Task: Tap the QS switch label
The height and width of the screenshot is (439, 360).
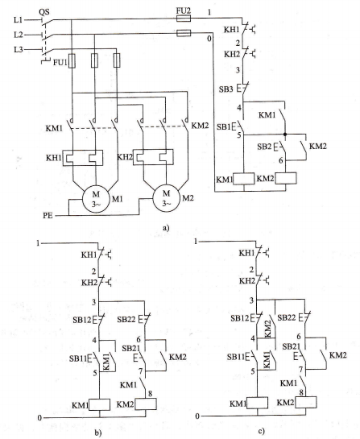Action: coord(44,12)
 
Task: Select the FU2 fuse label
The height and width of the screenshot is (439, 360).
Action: coord(184,11)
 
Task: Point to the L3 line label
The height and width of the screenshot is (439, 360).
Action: coord(19,50)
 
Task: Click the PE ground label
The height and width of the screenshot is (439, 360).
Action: coord(48,216)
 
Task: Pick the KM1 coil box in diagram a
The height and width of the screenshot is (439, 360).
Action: coord(244,179)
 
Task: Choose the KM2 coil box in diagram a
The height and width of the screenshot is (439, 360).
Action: coord(286,178)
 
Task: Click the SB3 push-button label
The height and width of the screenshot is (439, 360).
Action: coord(226,89)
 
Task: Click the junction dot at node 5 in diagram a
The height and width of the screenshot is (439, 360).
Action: coord(285,135)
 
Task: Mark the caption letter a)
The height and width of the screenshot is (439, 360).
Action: coord(166,228)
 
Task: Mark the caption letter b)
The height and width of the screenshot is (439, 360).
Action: coord(98,433)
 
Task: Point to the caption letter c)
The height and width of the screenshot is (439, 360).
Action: coord(261,431)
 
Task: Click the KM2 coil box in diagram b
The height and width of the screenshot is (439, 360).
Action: coord(146,404)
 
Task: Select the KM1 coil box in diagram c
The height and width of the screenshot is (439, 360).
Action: coord(257,403)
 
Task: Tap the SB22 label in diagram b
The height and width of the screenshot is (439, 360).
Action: coord(126,319)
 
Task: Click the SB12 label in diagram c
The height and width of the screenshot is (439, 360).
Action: coord(240,318)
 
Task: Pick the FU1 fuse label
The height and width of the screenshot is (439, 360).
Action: coord(60,62)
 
